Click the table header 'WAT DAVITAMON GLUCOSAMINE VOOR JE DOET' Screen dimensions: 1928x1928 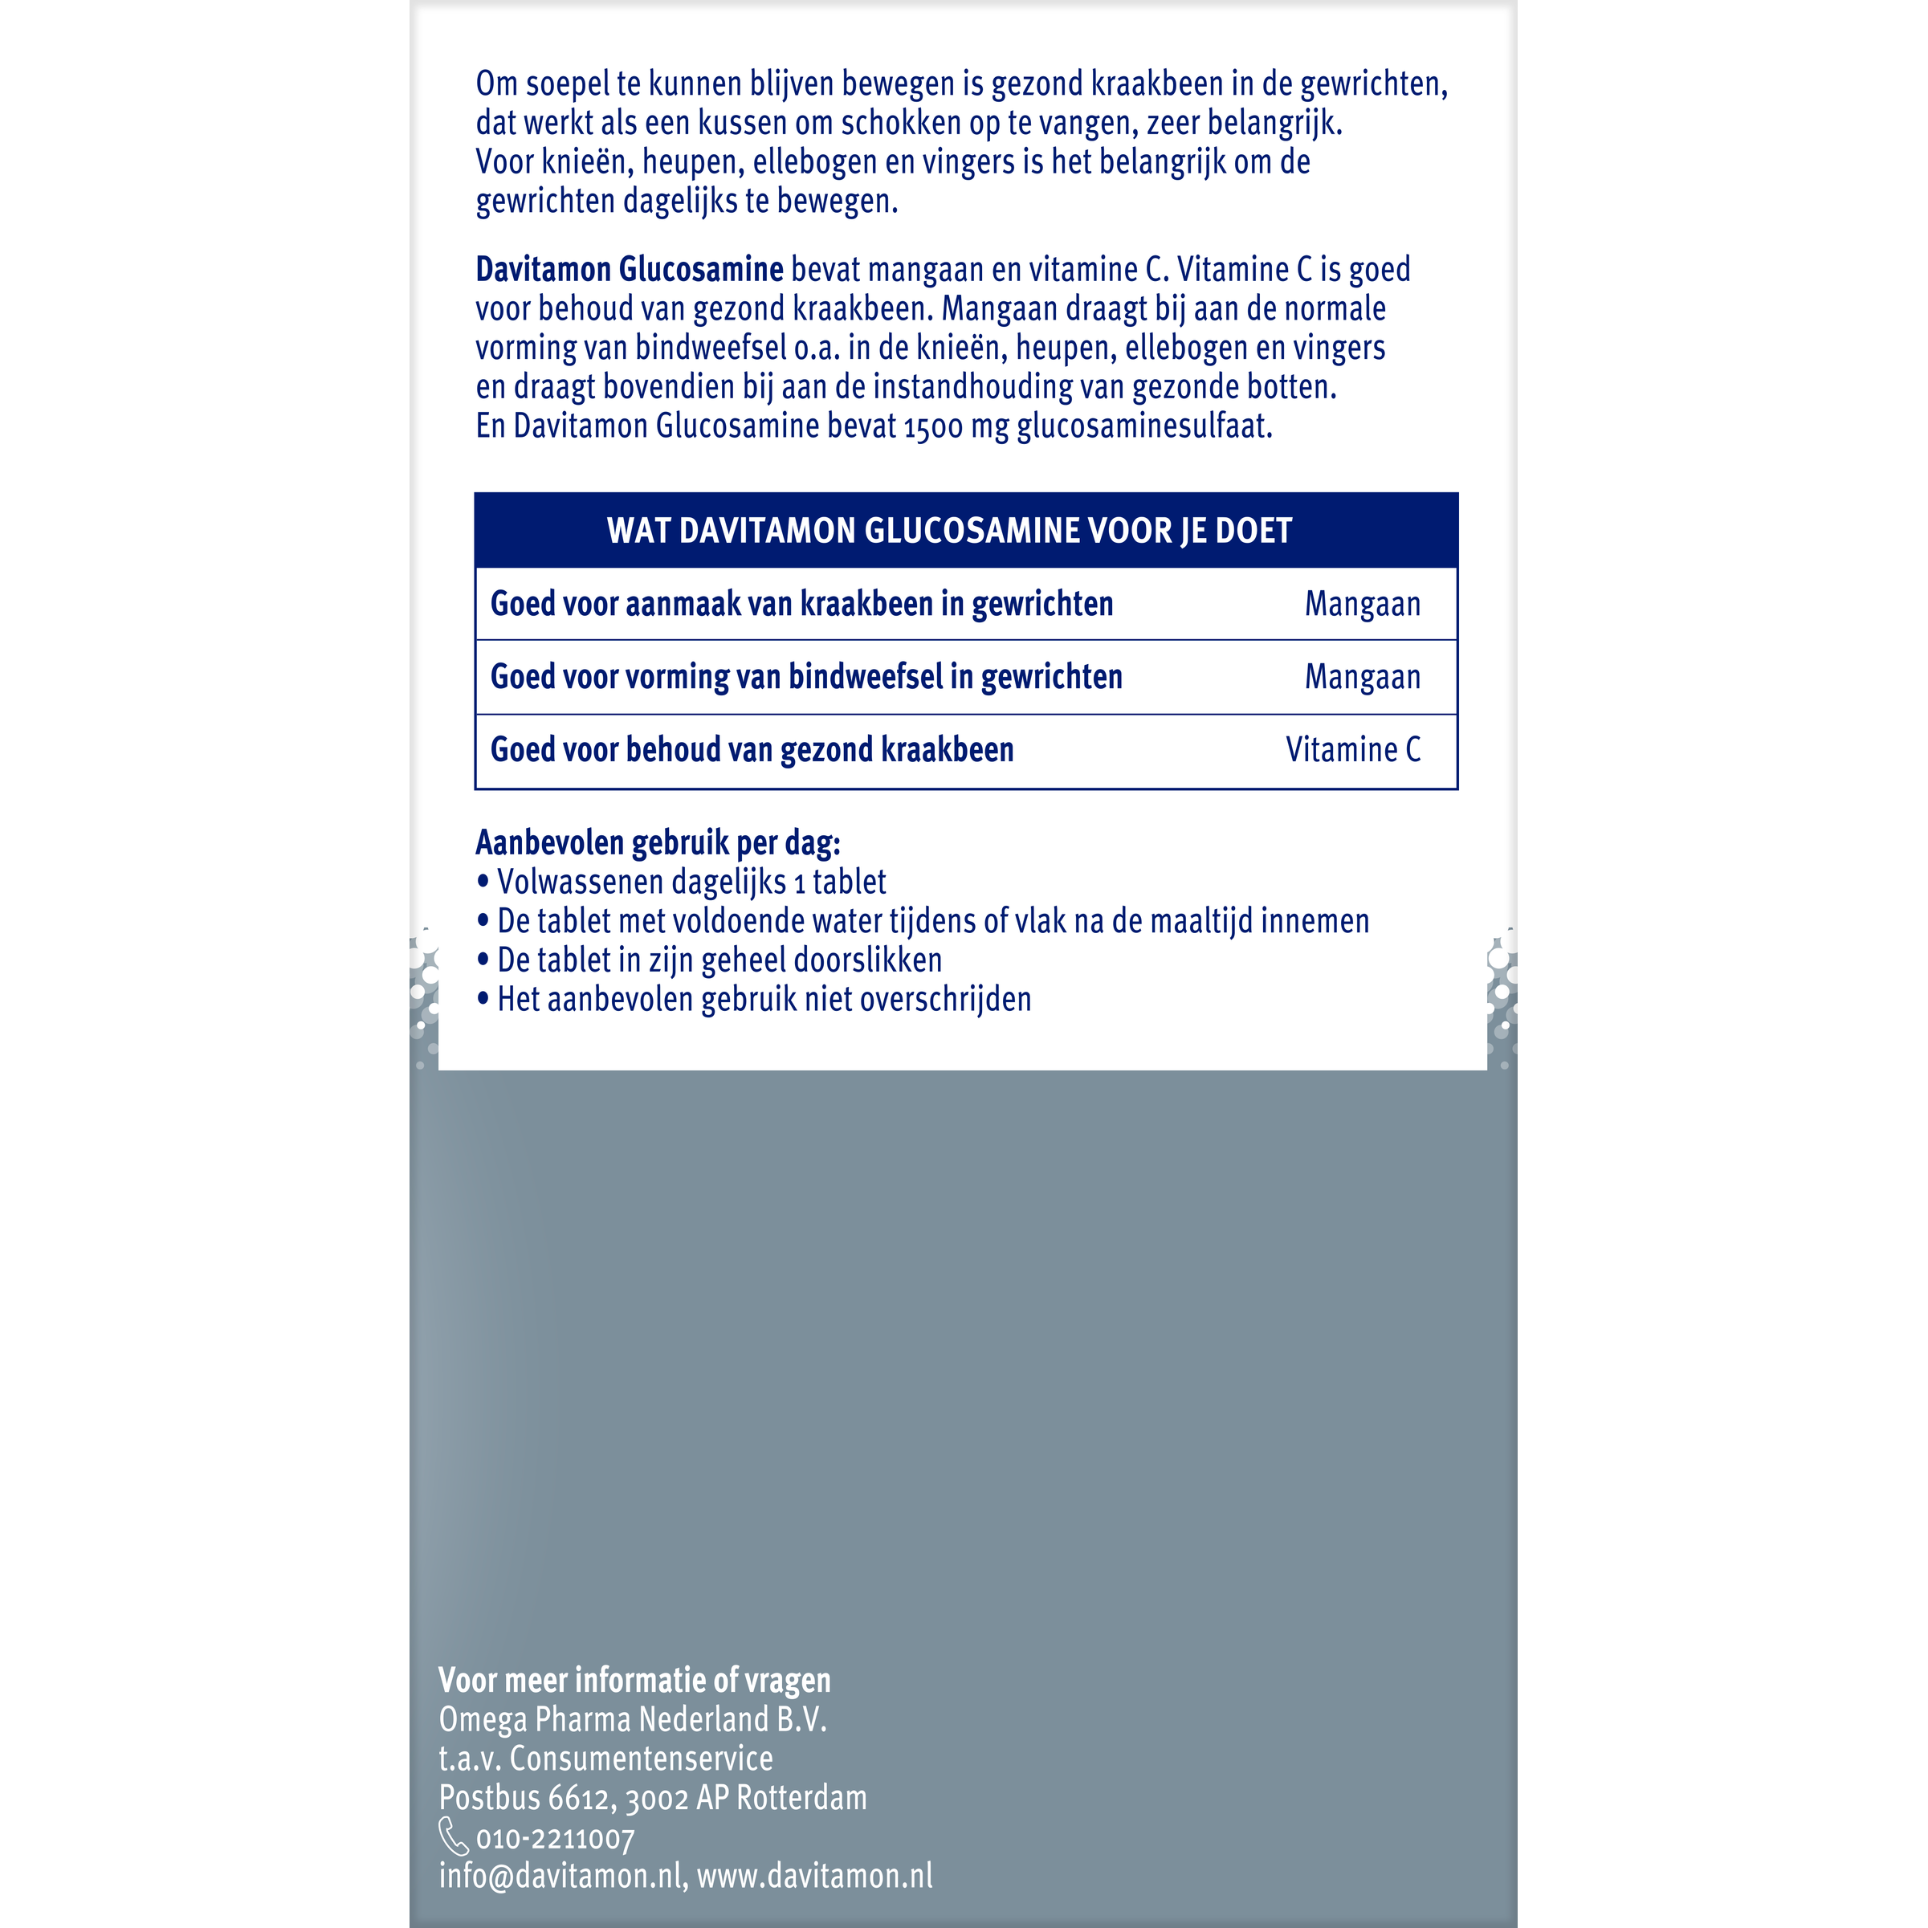(949, 530)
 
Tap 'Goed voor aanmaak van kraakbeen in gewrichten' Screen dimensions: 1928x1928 (801, 604)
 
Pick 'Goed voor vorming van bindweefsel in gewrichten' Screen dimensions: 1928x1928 (806, 677)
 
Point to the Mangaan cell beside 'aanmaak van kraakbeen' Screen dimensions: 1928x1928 (1362, 604)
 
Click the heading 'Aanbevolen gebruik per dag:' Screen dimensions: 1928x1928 (658, 843)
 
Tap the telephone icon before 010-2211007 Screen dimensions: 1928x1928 (453, 1836)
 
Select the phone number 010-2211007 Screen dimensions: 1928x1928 (555, 1839)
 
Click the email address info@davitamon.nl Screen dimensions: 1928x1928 (560, 1876)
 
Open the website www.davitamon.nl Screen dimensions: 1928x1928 (814, 1876)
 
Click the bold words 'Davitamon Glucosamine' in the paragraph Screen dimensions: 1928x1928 (629, 270)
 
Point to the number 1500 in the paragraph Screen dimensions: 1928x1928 (933, 427)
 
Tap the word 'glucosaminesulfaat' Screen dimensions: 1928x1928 (1143, 427)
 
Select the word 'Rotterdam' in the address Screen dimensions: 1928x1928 (801, 1798)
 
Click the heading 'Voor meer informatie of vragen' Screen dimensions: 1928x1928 (634, 1681)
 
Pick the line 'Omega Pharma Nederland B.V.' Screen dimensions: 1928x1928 (633, 1719)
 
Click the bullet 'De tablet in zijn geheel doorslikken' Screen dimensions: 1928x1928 (719, 960)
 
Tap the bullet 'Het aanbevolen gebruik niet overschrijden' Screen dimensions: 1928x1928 (764, 999)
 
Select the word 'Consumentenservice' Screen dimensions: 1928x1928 (642, 1759)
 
